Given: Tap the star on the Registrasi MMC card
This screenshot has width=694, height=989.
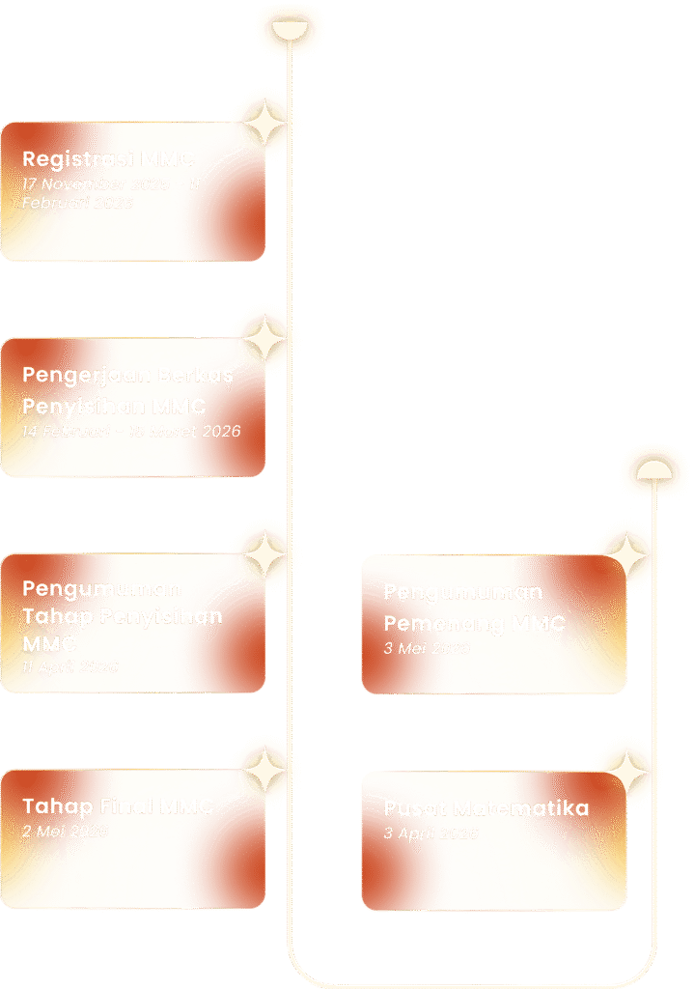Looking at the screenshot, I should point(262,122).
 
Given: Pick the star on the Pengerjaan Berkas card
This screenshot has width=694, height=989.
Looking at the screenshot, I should point(262,338).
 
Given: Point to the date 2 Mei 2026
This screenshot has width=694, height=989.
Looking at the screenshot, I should point(65,831).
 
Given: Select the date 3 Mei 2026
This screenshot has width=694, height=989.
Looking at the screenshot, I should point(427,648).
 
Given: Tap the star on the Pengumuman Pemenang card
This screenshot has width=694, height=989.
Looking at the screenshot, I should point(624,556).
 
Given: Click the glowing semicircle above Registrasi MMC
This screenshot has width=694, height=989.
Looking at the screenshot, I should point(288,30).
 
